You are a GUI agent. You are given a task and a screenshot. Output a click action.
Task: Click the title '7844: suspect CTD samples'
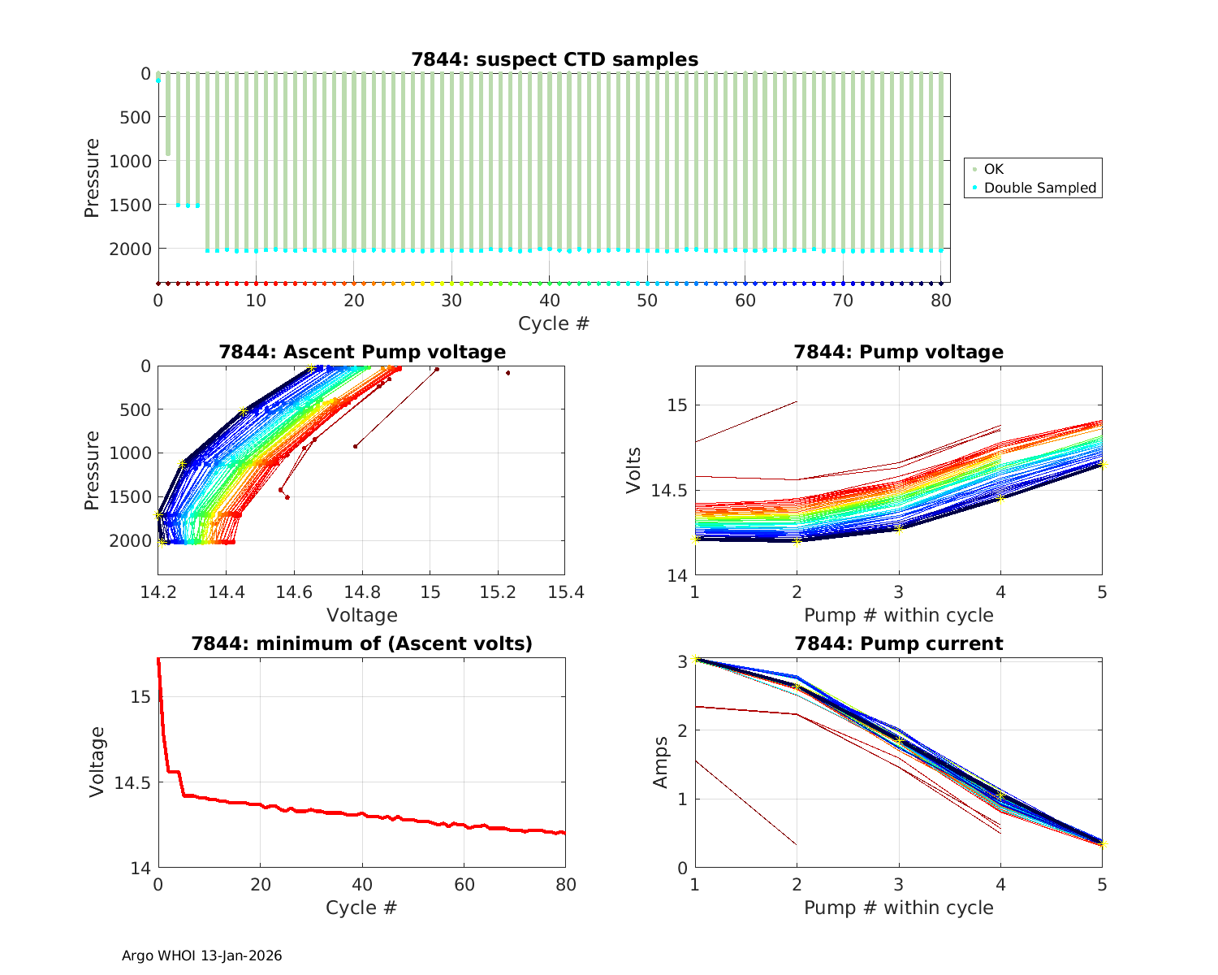(555, 59)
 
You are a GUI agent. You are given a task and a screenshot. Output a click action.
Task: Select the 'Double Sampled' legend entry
(1039, 188)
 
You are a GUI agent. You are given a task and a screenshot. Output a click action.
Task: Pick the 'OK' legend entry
(993, 169)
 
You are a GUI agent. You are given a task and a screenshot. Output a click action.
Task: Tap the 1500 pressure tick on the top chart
(130, 205)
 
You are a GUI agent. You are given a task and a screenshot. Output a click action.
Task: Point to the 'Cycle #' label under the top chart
(554, 323)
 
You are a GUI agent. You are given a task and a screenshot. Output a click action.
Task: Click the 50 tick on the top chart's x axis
(647, 301)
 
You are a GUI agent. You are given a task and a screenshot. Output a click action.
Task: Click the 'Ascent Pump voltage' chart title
(362, 352)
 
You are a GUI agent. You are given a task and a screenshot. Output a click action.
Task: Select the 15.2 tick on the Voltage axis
(498, 592)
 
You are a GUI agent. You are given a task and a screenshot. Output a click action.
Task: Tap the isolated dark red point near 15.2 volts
(508, 373)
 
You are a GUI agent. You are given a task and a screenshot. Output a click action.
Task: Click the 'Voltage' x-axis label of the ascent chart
(362, 615)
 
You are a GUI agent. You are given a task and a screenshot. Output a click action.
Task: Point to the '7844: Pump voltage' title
(898, 352)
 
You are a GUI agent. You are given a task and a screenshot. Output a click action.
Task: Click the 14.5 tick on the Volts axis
(667, 491)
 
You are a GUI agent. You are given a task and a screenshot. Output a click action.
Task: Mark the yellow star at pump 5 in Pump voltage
(1102, 464)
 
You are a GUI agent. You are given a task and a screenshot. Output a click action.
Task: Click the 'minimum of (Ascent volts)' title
(362, 643)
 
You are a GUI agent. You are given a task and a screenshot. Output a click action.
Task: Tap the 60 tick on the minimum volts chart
(464, 885)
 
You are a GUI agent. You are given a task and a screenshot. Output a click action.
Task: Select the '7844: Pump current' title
(898, 643)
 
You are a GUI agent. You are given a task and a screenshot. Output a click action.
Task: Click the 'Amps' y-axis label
(661, 762)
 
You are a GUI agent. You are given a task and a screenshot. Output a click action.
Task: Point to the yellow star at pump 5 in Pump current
(1102, 844)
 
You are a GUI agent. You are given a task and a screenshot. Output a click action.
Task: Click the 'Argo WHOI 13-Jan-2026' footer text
(202, 955)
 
